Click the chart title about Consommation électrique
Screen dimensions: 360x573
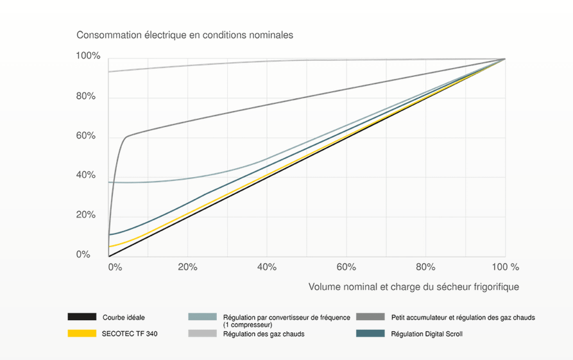185,35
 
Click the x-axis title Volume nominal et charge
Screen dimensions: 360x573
413,287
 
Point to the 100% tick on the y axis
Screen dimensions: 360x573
88,56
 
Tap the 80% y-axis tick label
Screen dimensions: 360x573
85,97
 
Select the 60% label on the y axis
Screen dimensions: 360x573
85,136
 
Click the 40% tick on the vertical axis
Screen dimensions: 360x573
85,175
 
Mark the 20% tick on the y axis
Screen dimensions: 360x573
85,215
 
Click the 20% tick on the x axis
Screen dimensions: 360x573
187,267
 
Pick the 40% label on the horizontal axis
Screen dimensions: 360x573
267,267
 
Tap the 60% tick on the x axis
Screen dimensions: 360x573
346,267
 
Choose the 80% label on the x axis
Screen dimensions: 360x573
425,267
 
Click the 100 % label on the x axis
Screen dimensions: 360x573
506,267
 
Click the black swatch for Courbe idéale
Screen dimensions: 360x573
81,317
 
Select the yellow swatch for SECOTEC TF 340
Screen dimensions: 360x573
81,334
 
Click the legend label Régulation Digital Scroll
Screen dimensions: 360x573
426,334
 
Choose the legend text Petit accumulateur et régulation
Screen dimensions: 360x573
462,317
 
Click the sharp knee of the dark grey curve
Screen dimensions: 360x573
126,137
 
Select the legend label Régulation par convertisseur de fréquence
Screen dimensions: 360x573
286,317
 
